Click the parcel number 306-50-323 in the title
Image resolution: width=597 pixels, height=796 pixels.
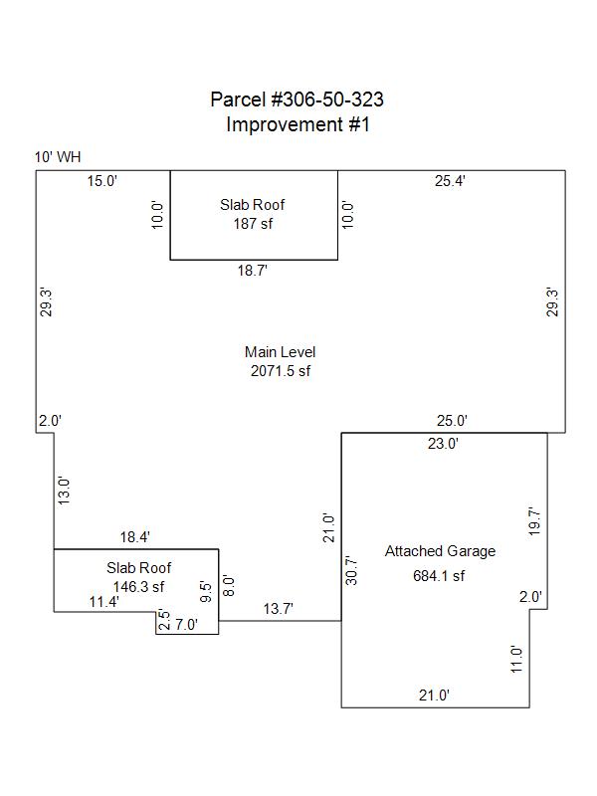(x=327, y=99)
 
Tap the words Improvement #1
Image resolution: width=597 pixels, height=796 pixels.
(x=298, y=124)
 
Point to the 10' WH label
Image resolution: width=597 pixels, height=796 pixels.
(x=57, y=157)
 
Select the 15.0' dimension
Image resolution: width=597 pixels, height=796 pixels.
(x=101, y=181)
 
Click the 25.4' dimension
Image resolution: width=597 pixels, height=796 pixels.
(x=451, y=181)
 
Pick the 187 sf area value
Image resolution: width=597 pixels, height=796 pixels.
(x=253, y=224)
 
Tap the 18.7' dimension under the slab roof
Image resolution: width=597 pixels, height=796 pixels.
(x=253, y=270)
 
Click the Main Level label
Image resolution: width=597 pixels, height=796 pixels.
(x=281, y=352)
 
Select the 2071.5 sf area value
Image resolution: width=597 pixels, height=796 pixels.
(x=281, y=371)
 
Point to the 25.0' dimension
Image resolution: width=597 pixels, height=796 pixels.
(x=452, y=422)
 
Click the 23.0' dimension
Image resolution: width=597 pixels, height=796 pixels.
(x=443, y=445)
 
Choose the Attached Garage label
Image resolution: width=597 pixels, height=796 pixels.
(x=440, y=551)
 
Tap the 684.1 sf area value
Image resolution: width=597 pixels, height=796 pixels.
(x=439, y=575)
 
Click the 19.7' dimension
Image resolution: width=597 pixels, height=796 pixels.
(x=534, y=521)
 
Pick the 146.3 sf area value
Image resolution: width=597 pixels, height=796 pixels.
(x=138, y=587)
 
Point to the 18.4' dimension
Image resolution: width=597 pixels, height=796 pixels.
(x=135, y=537)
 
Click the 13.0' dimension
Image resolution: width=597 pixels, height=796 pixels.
(x=64, y=491)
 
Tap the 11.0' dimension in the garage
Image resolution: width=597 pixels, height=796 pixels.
(x=516, y=660)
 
